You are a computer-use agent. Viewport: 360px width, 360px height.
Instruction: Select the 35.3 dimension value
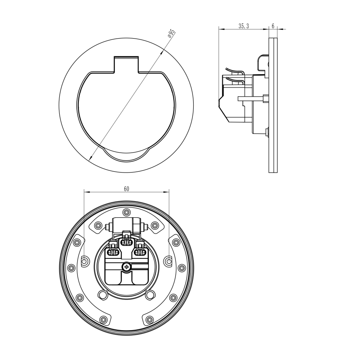click(x=243, y=26)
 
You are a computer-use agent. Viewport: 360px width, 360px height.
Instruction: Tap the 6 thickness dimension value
click(x=273, y=26)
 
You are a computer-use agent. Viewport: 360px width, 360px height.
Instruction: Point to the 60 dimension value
click(x=126, y=189)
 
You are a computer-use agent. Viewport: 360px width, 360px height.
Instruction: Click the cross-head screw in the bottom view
click(x=126, y=267)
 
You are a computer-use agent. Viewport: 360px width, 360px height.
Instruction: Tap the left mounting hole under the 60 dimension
click(x=85, y=261)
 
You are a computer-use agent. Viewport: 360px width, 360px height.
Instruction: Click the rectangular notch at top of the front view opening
click(x=126, y=64)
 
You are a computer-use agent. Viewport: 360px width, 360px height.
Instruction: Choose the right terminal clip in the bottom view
click(x=140, y=250)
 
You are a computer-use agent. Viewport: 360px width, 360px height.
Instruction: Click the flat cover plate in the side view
click(x=273, y=105)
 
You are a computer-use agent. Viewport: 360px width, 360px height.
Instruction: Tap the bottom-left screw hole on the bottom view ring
click(x=104, y=319)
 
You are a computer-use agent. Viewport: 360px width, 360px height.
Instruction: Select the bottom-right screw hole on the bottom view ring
click(x=149, y=319)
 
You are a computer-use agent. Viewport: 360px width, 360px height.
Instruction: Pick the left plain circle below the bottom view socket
click(x=102, y=295)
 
